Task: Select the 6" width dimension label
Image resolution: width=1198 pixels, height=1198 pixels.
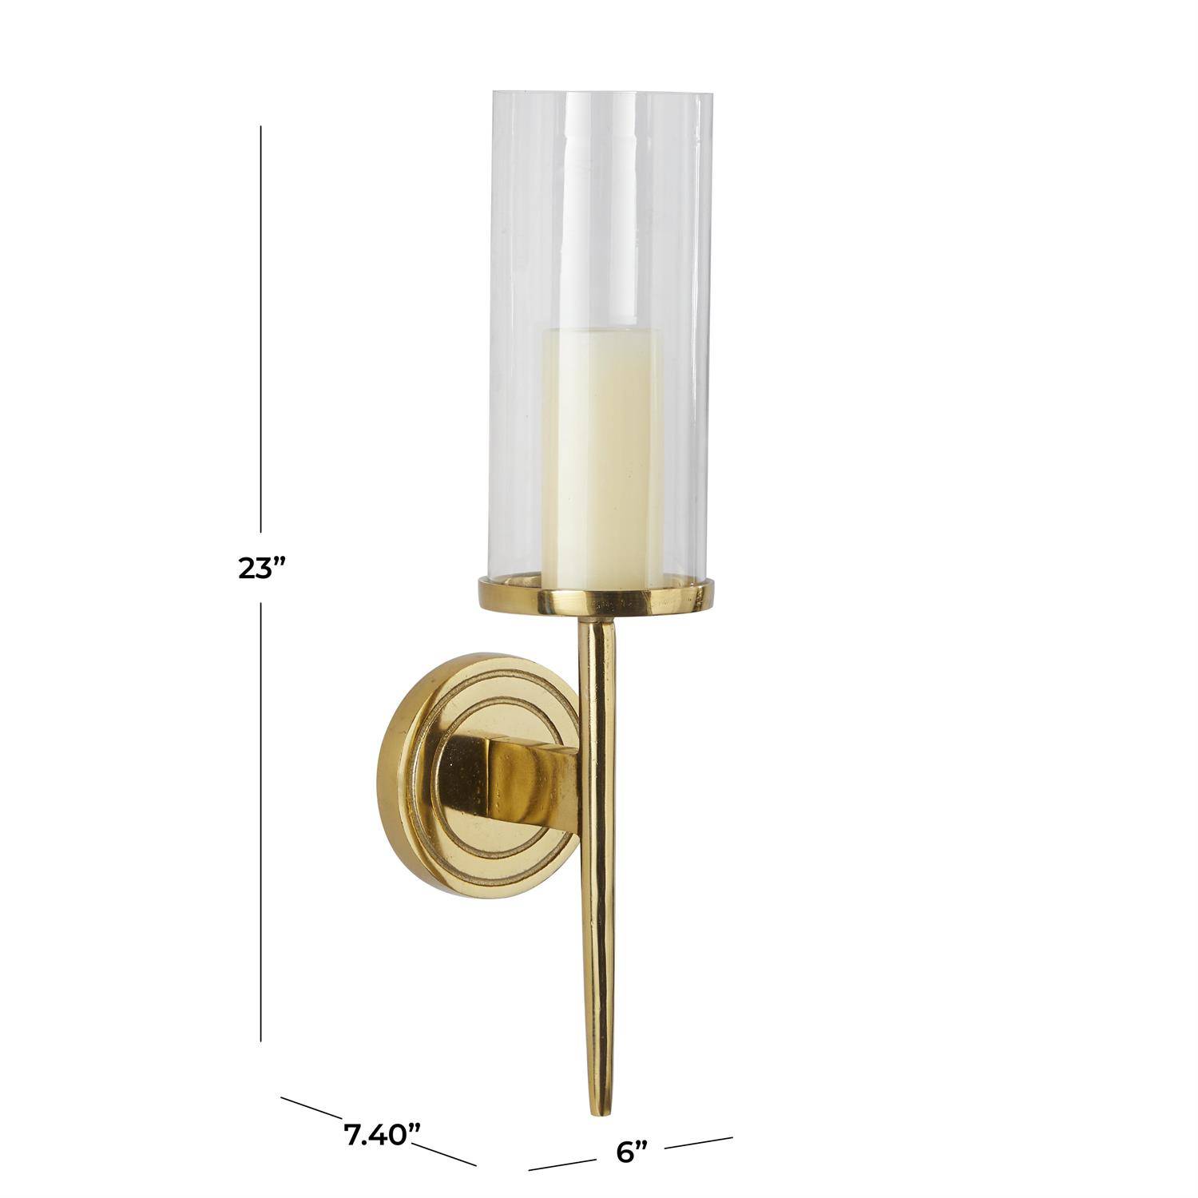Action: click(x=631, y=1152)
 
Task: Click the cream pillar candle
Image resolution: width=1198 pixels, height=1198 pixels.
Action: click(x=602, y=457)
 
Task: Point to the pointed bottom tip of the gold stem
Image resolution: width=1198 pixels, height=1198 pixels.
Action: click(x=596, y=1115)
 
